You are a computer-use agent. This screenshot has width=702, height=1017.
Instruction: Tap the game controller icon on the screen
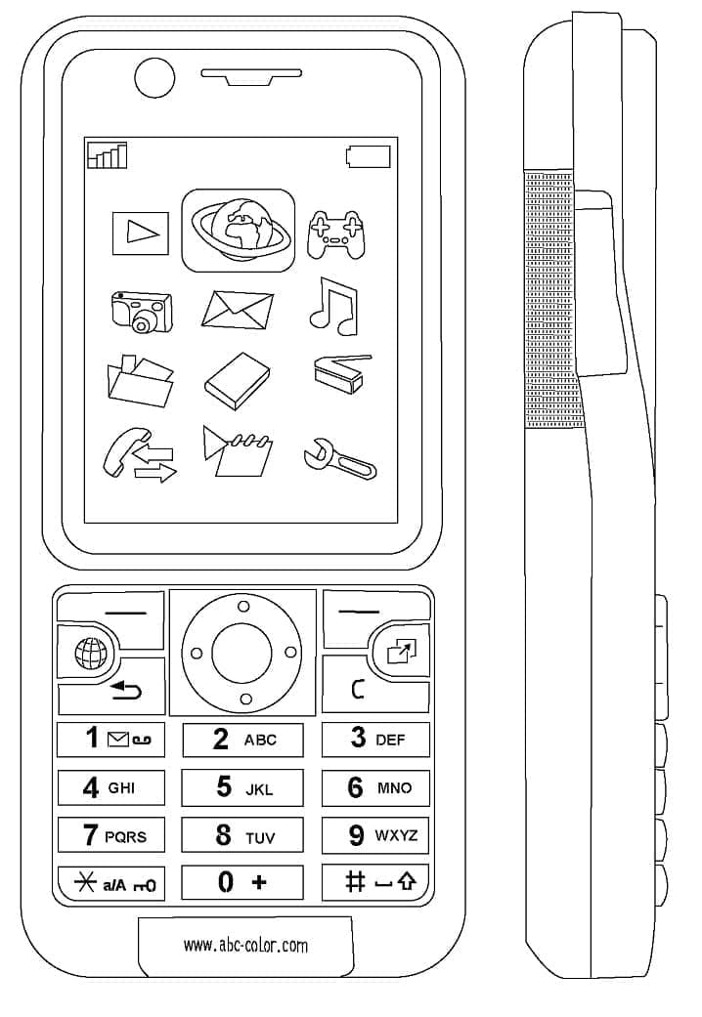pyautogui.click(x=335, y=235)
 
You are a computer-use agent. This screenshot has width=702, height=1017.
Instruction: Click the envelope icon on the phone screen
pyautogui.click(x=238, y=309)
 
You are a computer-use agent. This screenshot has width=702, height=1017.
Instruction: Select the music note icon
pyautogui.click(x=333, y=304)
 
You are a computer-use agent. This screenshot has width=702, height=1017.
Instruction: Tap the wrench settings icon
pyautogui.click(x=339, y=457)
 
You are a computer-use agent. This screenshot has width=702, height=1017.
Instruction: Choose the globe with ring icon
pyautogui.click(x=239, y=231)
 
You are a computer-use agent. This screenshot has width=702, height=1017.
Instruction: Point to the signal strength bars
pyautogui.click(x=107, y=155)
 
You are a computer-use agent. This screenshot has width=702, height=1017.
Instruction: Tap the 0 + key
pyautogui.click(x=241, y=882)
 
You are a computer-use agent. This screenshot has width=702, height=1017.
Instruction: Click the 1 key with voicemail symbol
pyautogui.click(x=110, y=739)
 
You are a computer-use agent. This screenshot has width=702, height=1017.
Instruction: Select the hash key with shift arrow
pyautogui.click(x=375, y=882)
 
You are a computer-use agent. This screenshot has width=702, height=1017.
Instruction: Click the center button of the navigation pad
pyautogui.click(x=242, y=653)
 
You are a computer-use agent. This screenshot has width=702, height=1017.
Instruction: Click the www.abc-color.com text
pyautogui.click(x=245, y=945)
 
